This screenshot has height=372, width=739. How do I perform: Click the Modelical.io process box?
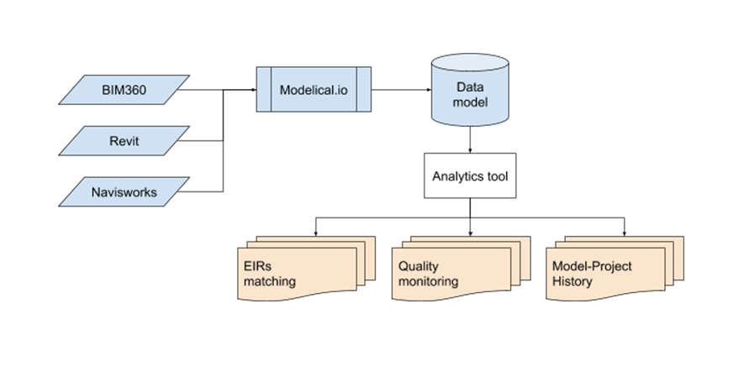[x=314, y=89]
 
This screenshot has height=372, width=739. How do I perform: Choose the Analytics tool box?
[x=470, y=176]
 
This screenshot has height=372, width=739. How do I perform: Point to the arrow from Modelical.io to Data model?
[x=399, y=89]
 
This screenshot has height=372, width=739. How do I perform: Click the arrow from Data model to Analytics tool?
[x=470, y=142]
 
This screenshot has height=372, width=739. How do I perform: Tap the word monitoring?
[x=428, y=281]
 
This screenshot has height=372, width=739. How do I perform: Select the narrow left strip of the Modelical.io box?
[x=263, y=89]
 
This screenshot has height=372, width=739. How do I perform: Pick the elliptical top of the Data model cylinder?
[x=470, y=64]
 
